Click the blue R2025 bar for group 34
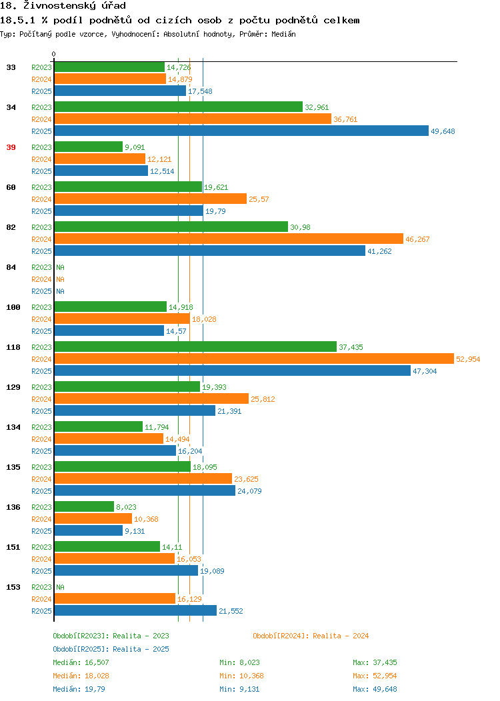[241, 131]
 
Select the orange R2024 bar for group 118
[254, 359]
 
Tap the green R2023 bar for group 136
[84, 506]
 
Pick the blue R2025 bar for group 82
[210, 251]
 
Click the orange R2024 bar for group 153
[115, 598]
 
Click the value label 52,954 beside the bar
[468, 359]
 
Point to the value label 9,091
[135, 147]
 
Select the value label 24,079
[249, 491]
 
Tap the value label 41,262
[379, 251]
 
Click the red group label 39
[11, 147]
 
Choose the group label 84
[11, 267]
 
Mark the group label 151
[13, 547]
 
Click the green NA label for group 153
[61, 587]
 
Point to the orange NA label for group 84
[61, 279]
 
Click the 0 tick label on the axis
[54, 54]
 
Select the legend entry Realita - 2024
[311, 636]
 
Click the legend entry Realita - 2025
[111, 649]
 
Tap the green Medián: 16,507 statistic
[81, 662]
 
